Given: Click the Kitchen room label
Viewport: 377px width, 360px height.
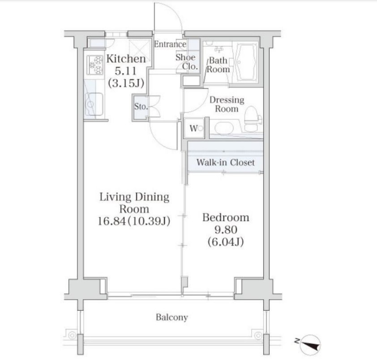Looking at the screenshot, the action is (x=126, y=59).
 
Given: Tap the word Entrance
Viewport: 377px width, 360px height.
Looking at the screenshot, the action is (x=170, y=44).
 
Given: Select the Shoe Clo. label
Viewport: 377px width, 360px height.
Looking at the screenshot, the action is (x=187, y=62).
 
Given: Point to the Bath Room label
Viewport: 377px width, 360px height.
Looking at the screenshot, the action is (x=218, y=65).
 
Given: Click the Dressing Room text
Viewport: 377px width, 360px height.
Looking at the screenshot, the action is (x=227, y=104).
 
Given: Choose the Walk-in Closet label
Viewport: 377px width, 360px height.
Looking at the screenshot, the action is (x=225, y=162).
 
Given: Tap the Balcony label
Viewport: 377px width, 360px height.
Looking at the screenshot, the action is (x=171, y=317).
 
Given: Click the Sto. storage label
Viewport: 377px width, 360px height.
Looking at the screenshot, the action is (x=141, y=106).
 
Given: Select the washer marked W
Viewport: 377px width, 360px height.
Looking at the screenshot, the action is (x=194, y=129).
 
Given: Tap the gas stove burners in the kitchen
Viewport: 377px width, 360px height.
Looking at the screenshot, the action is (x=95, y=64).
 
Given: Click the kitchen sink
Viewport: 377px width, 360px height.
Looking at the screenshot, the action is (x=94, y=104).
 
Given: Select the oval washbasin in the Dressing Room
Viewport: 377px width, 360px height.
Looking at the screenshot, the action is (x=224, y=128).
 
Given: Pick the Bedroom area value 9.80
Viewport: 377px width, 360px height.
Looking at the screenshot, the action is (x=226, y=230).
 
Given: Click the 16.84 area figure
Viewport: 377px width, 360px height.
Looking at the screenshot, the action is (x=111, y=221).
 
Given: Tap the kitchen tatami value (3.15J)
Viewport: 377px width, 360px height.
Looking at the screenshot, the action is (x=126, y=83).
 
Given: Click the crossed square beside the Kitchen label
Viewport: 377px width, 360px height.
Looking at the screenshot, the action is (x=139, y=51).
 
